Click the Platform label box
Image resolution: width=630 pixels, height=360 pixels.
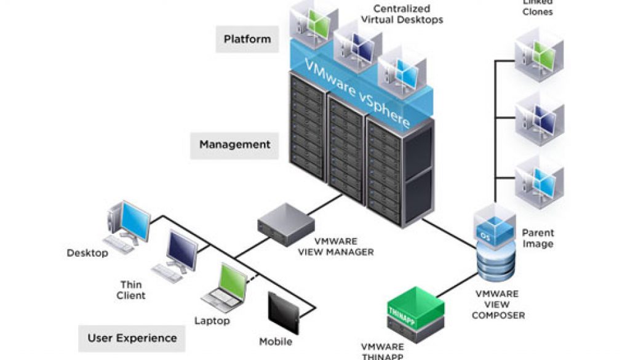pyautogui.click(x=247, y=39)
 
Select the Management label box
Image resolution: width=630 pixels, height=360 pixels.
pyautogui.click(x=234, y=145)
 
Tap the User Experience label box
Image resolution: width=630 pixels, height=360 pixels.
pyautogui.click(x=132, y=338)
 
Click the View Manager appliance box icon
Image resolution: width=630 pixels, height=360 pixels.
pyautogui.click(x=284, y=220)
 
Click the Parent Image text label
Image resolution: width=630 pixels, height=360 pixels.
pyautogui.click(x=538, y=238)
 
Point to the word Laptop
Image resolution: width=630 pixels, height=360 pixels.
pyautogui.click(x=212, y=321)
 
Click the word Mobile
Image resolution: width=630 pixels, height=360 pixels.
pyautogui.click(x=275, y=342)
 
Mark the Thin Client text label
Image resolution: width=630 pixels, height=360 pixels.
pyautogui.click(x=131, y=290)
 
